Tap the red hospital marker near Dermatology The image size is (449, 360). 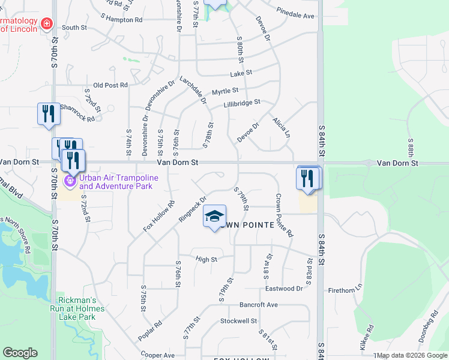click(x=47, y=24)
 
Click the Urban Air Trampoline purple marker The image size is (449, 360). click(x=70, y=179)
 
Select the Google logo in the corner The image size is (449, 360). click(x=20, y=353)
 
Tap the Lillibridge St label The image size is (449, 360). click(x=241, y=103)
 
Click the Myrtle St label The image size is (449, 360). click(x=225, y=92)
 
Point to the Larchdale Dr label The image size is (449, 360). click(x=193, y=90)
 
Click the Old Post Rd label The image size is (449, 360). click(x=111, y=85)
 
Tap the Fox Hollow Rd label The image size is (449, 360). click(x=158, y=217)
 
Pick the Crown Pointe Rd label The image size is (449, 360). click(x=284, y=214)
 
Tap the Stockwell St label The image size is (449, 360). click(x=238, y=321)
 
